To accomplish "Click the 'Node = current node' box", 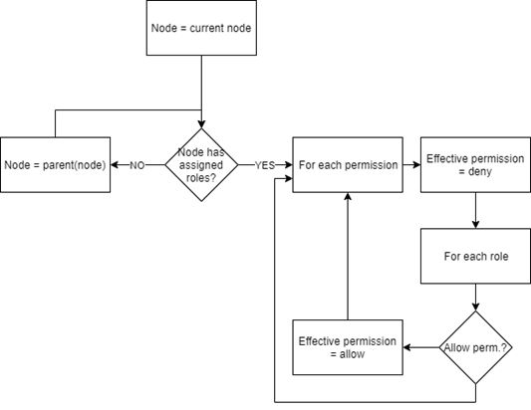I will click(x=202, y=28).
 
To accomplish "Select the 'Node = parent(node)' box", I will click(x=55, y=164).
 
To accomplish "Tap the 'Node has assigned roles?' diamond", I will click(x=202, y=164).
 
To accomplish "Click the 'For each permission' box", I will click(x=347, y=164).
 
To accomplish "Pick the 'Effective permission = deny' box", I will click(x=474, y=164).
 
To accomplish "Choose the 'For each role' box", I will click(x=474, y=256).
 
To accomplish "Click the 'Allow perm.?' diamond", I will click(x=475, y=347).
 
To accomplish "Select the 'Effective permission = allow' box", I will click(x=347, y=347).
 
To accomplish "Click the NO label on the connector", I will click(x=136, y=165).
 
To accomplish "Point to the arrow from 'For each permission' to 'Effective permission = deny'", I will click(x=411, y=164).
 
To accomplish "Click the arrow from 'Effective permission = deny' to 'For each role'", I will click(x=475, y=210).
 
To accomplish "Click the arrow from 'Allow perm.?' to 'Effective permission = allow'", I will click(x=422, y=347).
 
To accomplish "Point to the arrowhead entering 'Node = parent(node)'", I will click(x=116, y=165).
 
